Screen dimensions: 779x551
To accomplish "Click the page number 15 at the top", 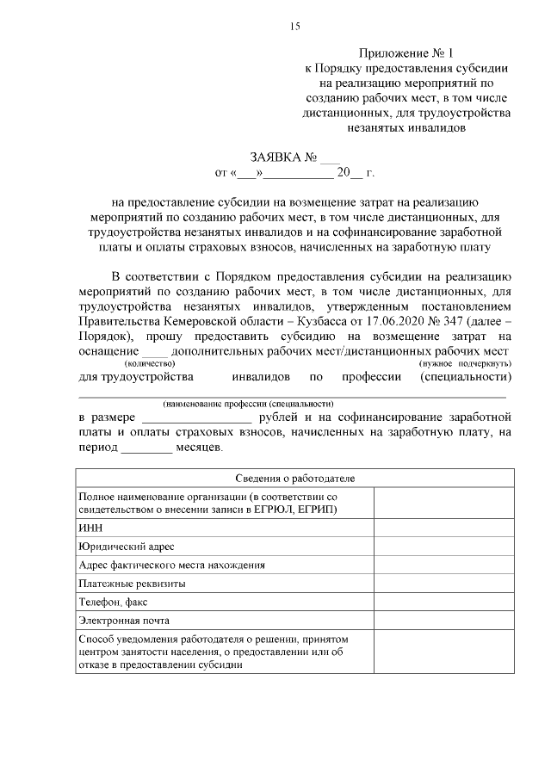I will point(294,27).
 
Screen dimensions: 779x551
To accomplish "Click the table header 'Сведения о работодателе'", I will point(294,478).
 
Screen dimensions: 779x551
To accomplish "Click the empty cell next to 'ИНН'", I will point(443,528).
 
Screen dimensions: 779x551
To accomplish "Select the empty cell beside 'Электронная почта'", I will point(443,621).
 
